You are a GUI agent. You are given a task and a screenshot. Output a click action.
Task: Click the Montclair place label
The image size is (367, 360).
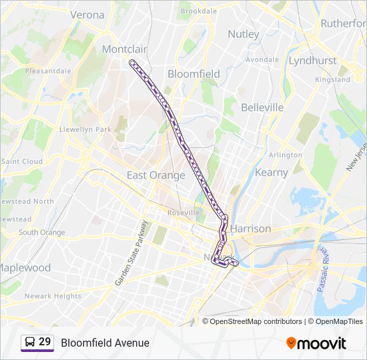coord(124,49)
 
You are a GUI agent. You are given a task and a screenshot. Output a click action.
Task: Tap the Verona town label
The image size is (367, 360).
coord(87,14)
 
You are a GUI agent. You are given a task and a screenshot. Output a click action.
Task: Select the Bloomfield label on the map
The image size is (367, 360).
coord(194,74)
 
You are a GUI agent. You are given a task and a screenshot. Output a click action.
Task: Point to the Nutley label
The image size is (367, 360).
coord(243,34)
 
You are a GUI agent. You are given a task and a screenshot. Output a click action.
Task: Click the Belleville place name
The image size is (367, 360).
coord(262,107)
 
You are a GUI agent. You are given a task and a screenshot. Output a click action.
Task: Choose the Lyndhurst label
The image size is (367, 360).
coord(312,61)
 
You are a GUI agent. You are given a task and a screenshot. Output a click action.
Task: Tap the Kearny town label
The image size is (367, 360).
coord(272,172)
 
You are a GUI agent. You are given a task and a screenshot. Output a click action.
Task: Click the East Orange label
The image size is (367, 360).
coord(155,175)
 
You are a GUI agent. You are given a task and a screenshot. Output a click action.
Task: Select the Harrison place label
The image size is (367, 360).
coord(251,229)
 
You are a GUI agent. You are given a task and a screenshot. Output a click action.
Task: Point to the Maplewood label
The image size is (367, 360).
coord(24,267)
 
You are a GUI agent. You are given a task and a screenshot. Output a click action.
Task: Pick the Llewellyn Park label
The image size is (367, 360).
coord(85,129)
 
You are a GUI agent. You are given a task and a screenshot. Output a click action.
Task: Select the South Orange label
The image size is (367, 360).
coord(41,233)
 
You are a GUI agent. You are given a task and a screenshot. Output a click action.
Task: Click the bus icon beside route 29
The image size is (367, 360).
coord(29,343)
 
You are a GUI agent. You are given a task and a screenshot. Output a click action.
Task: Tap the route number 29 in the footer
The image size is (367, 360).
coord(45,342)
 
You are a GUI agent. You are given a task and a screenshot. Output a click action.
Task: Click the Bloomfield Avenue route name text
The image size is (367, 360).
coord(105,343)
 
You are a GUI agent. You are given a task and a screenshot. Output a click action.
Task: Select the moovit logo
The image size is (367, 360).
coord(316,343)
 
